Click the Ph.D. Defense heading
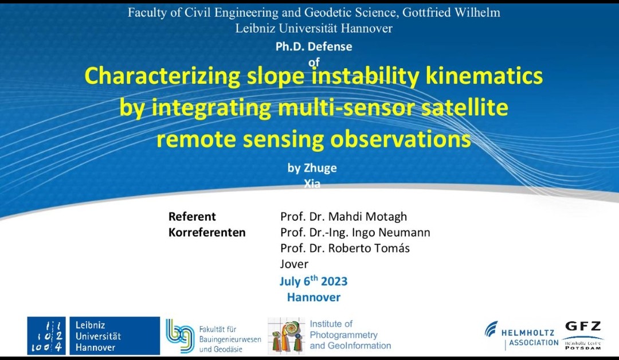(314, 47)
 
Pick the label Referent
(192, 217)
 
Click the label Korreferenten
(207, 233)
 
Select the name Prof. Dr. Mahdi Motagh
(343, 217)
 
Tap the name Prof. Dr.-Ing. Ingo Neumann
(355, 233)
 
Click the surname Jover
(294, 264)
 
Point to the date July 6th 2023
(314, 281)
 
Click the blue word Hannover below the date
(314, 298)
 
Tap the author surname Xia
(312, 185)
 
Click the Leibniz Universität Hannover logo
(93, 335)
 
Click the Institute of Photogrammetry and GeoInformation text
(350, 335)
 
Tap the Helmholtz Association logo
(521, 335)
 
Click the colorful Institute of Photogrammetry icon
(287, 335)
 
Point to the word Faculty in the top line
(147, 13)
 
